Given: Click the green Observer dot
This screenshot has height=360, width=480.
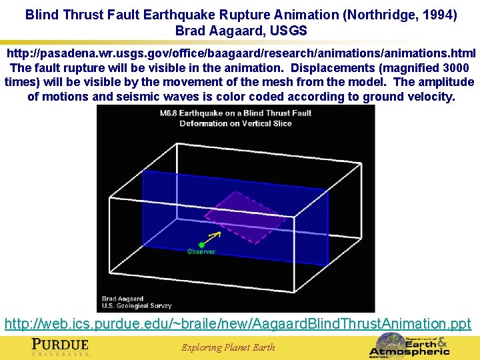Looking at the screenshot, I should tap(201, 245).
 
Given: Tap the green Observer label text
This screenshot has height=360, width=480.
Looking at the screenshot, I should tap(201, 252).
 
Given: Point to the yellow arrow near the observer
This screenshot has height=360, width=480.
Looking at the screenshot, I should tap(214, 236).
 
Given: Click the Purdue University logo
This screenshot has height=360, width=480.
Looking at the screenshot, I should tap(61, 347).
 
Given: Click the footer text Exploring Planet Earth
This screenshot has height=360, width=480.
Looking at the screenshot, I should tap(228, 347).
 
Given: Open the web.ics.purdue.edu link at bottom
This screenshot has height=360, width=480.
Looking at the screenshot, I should tap(238, 324).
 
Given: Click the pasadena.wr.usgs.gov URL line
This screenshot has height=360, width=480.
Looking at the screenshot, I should tap(241, 53).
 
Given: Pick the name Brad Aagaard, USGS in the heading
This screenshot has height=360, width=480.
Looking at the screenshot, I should tap(241, 31).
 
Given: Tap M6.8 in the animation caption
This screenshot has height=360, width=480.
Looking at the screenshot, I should tap(171, 113).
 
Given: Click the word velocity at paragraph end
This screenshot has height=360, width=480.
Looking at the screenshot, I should tap(431, 97).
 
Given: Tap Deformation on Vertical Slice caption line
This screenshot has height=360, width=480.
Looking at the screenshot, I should tap(236, 123).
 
